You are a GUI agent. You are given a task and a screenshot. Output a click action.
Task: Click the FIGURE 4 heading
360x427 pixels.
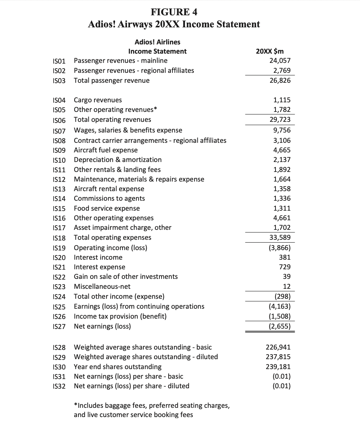tap(174, 12)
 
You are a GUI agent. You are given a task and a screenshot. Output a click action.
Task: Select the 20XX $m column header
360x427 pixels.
tap(269, 51)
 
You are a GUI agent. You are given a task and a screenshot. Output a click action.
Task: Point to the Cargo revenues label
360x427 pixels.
tap(98, 100)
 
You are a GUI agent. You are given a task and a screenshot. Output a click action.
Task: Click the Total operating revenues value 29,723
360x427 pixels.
tap(280, 120)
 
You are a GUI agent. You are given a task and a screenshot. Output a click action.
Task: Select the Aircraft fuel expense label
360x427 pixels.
tap(105, 150)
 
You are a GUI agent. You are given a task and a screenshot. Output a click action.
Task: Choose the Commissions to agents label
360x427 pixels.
tap(109, 199)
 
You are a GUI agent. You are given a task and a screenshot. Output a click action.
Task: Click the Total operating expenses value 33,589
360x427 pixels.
tap(280, 237)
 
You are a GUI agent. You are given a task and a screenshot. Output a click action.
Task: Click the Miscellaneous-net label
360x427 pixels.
tap(102, 286)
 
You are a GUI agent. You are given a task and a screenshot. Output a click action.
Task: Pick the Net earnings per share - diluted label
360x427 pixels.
tap(131, 386)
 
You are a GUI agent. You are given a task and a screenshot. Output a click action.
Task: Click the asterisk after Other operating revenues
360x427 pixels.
tap(155, 109)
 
